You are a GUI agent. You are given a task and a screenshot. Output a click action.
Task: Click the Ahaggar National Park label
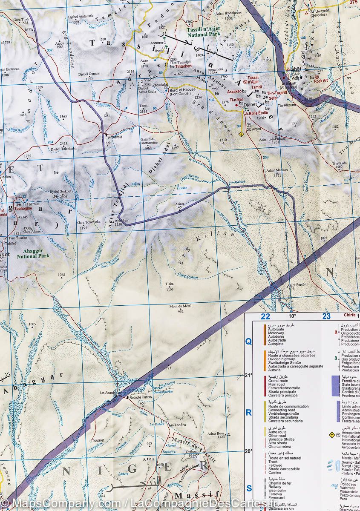(x=33, y=254)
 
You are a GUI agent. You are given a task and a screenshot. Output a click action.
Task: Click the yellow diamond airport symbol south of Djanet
(x=242, y=134)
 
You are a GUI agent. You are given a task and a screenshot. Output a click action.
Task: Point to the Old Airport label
(x=254, y=129)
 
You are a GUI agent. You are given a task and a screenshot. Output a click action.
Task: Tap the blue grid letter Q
(x=249, y=341)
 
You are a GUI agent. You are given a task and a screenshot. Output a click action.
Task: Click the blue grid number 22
(x=265, y=316)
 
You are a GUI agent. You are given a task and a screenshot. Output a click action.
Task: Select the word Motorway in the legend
(x=278, y=333)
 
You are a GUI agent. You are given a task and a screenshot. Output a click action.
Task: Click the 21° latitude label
(x=249, y=375)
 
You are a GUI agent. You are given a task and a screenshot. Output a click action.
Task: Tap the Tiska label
(x=170, y=284)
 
